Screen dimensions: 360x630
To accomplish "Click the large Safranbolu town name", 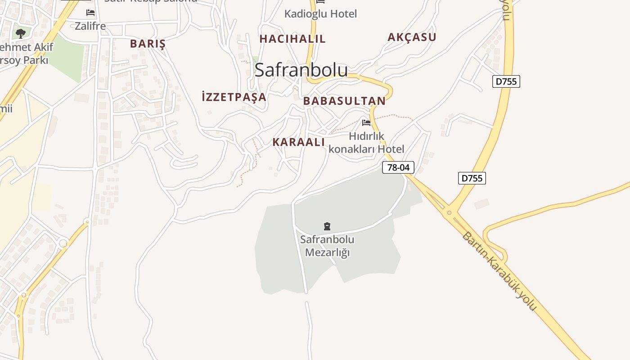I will click(301, 70).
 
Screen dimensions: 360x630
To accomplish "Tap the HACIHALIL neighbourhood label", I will click(292, 39).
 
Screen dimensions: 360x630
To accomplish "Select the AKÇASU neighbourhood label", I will click(412, 37).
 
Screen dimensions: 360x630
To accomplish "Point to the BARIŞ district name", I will click(148, 44).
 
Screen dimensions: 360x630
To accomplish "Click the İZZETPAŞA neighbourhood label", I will click(234, 97).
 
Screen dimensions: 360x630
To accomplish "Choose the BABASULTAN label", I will click(344, 101).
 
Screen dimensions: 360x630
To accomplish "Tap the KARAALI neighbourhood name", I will click(298, 142).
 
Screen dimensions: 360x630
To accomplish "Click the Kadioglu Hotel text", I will click(320, 14).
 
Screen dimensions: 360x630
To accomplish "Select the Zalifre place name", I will click(90, 26).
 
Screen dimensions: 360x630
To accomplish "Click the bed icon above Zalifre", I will click(90, 13).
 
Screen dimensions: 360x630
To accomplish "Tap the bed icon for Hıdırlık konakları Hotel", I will click(366, 122).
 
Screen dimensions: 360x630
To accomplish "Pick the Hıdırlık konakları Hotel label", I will click(366, 142).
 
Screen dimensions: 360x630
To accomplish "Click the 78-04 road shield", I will click(398, 167).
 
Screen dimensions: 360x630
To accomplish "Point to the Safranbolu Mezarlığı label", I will click(327, 246).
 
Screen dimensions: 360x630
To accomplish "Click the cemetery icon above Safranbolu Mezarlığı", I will click(327, 226).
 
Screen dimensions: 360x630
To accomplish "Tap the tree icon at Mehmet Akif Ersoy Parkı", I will click(20, 33).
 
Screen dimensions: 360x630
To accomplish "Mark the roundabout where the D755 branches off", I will click(449, 212).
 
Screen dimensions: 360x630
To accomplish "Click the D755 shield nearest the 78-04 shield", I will click(472, 178).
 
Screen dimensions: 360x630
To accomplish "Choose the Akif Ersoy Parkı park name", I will click(25, 54).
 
